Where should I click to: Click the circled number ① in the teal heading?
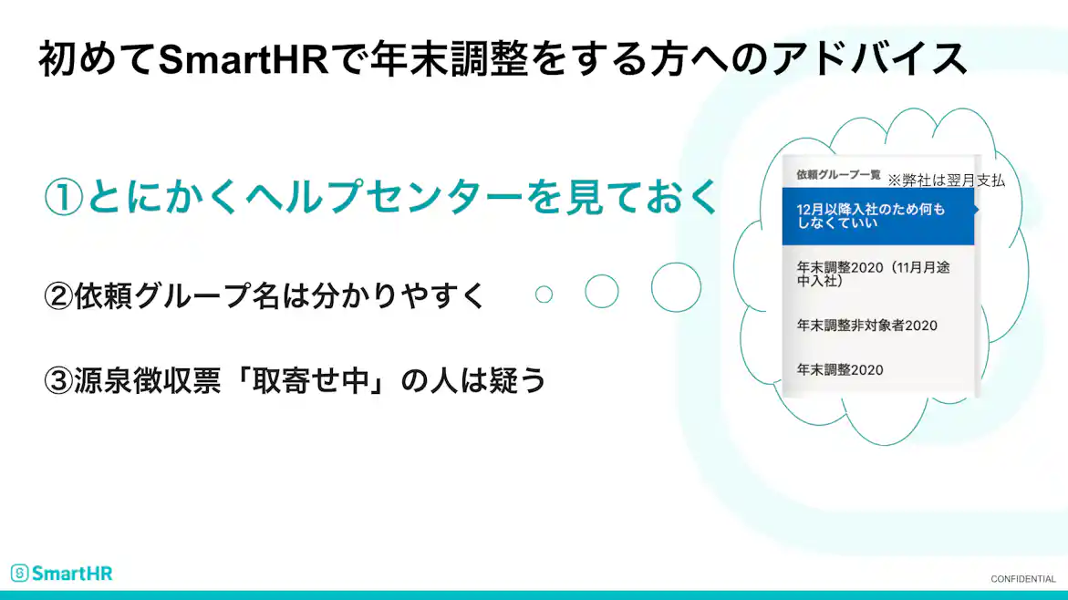tap(64, 198)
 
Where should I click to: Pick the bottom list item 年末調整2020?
tap(840, 370)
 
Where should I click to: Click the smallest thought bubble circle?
tap(544, 294)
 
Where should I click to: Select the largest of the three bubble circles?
tap(676, 287)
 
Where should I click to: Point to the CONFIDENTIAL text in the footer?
tap(1022, 579)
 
